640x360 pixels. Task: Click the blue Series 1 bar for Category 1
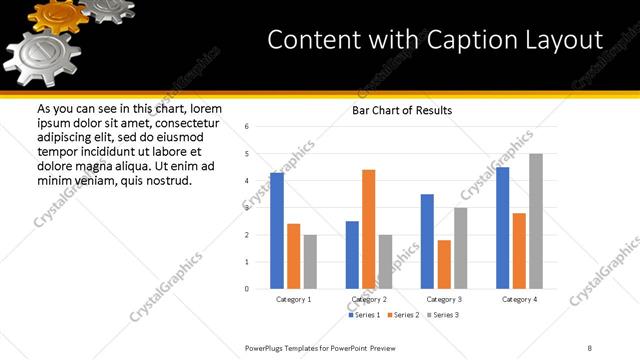(x=277, y=231)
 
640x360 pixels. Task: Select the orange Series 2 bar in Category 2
(x=368, y=229)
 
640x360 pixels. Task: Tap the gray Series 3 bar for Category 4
(x=535, y=221)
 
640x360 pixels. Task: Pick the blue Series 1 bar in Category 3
(x=427, y=241)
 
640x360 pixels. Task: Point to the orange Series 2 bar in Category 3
(x=444, y=264)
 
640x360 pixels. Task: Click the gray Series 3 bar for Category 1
(x=310, y=262)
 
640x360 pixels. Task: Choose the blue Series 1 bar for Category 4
(x=502, y=228)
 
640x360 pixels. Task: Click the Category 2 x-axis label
(x=369, y=299)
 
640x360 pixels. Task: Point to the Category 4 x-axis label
(x=519, y=299)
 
